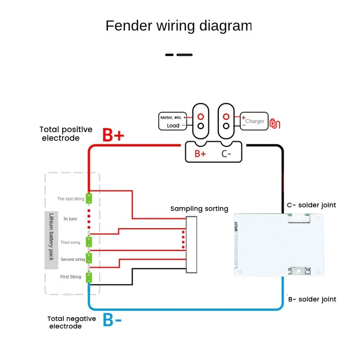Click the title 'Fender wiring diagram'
tap(179, 26)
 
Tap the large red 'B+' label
tap(113, 135)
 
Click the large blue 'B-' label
tap(112, 319)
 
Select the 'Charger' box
tap(254, 121)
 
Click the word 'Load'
tap(173, 126)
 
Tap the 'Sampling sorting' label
tap(199, 209)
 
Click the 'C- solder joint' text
tap(311, 205)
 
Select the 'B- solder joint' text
tap(311, 299)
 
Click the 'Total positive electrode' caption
tap(66, 134)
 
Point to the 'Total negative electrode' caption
tap(72, 322)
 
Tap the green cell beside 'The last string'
tap(89, 198)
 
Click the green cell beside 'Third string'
tap(89, 242)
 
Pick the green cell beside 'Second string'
tap(89, 258)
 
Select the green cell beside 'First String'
tap(89, 276)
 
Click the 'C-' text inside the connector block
tap(226, 153)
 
